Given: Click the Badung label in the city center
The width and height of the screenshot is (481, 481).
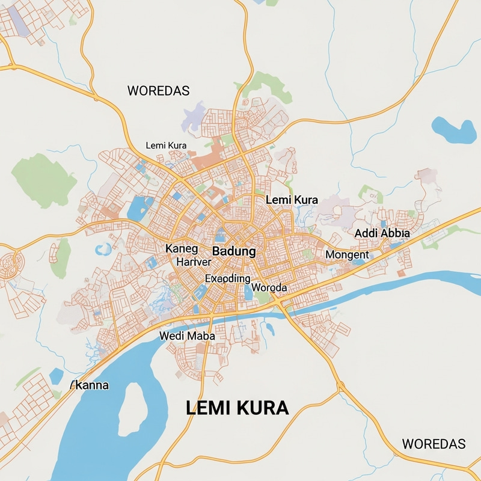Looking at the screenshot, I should click(x=234, y=251).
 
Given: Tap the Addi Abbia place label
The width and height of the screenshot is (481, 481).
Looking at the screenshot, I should click(x=382, y=233).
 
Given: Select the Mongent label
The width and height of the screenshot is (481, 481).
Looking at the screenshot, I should click(x=347, y=255).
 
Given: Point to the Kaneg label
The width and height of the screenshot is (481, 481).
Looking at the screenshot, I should click(x=181, y=248).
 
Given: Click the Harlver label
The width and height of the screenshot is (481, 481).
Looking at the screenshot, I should click(x=194, y=262).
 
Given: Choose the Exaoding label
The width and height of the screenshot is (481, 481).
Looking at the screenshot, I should click(x=227, y=278).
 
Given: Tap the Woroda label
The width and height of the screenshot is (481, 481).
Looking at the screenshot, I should click(x=269, y=288).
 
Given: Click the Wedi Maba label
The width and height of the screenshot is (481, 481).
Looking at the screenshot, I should click(x=187, y=336).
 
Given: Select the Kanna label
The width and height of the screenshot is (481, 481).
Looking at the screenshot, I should click(x=90, y=385).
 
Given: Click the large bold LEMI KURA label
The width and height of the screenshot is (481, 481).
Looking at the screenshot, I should click(x=237, y=408).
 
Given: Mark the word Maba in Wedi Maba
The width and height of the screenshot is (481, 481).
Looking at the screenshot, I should click(x=201, y=336).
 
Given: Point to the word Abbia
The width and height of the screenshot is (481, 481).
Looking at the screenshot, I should click(x=394, y=233).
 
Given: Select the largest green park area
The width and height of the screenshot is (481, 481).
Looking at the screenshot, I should click(x=43, y=180).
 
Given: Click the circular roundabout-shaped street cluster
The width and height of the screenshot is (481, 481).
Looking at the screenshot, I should click(x=11, y=265).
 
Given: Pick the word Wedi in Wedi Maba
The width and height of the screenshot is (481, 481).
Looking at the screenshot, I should click(x=172, y=336).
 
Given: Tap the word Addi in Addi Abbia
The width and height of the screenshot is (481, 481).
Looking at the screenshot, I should click(x=366, y=233).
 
